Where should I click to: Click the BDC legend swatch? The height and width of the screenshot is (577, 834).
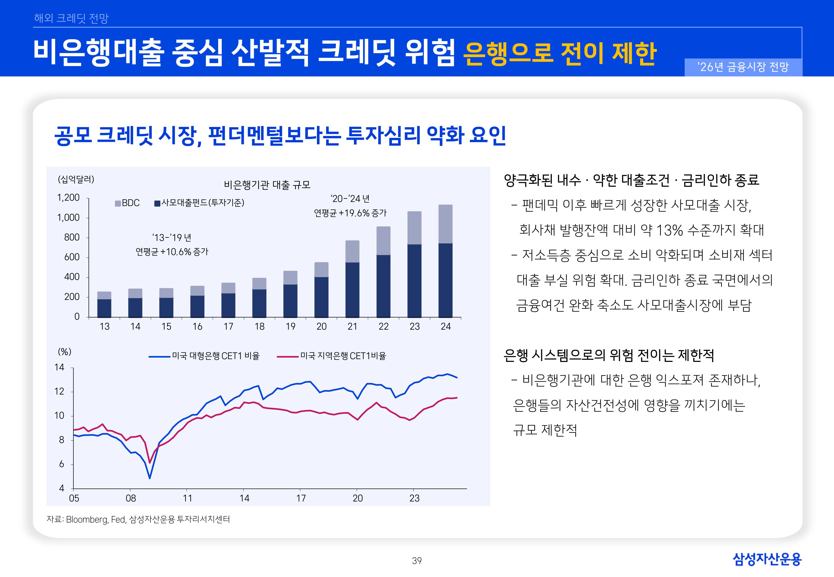(118, 204)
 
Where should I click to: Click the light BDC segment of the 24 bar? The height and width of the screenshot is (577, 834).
(445, 224)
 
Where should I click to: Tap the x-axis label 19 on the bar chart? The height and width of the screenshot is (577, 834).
(290, 326)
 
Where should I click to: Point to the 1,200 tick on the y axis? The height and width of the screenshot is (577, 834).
(68, 197)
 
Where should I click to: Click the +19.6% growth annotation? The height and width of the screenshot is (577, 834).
(350, 213)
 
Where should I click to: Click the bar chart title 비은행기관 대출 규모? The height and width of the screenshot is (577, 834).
(267, 185)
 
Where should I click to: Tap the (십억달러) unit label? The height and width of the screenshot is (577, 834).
(76, 179)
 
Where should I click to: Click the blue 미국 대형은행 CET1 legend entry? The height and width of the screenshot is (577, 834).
(204, 356)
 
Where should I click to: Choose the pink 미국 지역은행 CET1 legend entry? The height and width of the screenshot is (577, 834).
(332, 356)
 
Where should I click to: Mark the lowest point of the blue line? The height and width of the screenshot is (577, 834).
(150, 478)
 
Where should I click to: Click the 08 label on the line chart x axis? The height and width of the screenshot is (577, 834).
(131, 498)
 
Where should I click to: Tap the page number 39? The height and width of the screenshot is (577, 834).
(417, 561)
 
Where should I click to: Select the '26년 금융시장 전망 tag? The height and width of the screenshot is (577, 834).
(743, 67)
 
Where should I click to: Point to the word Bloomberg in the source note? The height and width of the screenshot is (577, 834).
(87, 520)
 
